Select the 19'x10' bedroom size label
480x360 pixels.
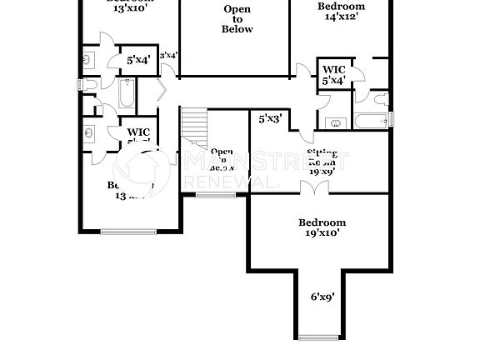coord(322,233)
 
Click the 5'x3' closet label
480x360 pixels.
coord(269,119)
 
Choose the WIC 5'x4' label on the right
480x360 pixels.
coord(334,75)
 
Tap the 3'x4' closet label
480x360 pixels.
coord(168,55)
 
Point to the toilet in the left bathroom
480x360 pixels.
coord(88,59)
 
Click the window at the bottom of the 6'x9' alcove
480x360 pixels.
coord(321,337)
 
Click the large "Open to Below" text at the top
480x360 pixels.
coord(237,19)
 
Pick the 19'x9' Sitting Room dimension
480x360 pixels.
coord(322,171)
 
